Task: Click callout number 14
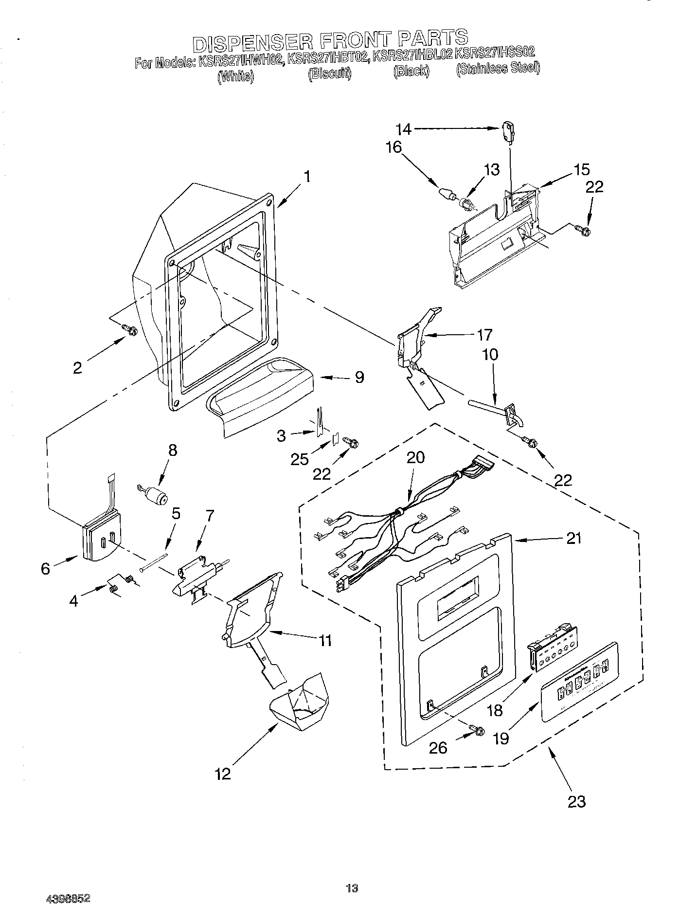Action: click(x=403, y=129)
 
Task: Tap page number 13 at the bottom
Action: click(x=352, y=888)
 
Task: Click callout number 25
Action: click(x=300, y=459)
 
